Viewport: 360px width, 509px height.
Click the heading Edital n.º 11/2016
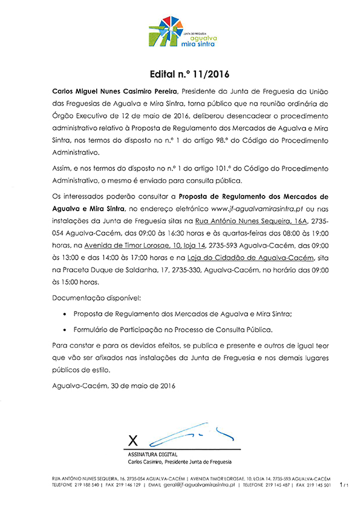[x=181, y=75]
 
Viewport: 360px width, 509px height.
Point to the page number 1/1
[x=345, y=485]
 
